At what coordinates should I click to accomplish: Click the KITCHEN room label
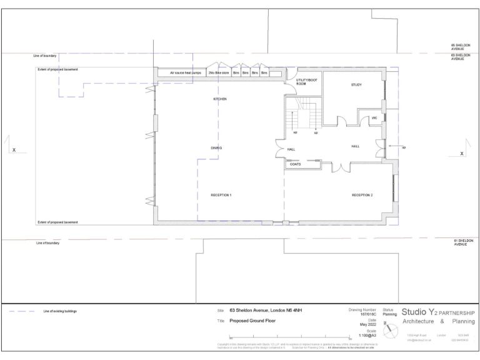(x=219, y=99)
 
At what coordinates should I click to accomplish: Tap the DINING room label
(x=216, y=147)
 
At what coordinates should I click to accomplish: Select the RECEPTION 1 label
(x=221, y=195)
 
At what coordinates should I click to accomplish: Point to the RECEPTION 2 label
(x=362, y=195)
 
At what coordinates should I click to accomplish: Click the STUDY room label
(x=356, y=85)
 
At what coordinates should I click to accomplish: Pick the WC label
(x=374, y=117)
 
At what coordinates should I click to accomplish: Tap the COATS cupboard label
(x=295, y=164)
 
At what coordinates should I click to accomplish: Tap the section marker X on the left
(x=14, y=150)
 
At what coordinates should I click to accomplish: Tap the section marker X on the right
(x=462, y=153)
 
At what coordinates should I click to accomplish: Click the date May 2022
(x=367, y=324)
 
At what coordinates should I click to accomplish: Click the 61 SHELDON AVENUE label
(x=463, y=242)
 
